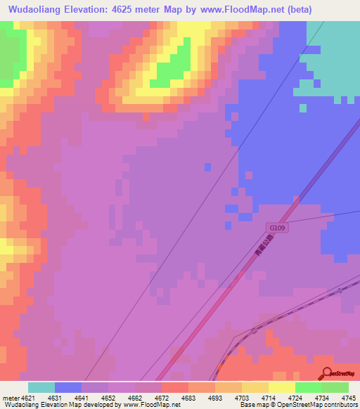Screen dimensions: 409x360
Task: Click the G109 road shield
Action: click(278, 228)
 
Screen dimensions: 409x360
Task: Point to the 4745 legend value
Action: click(349, 397)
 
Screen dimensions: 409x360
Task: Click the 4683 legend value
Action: click(188, 397)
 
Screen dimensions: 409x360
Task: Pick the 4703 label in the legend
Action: click(242, 397)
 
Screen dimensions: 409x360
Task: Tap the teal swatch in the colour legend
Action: click(41, 387)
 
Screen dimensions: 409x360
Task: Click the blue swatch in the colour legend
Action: click(68, 387)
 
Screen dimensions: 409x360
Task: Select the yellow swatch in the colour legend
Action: click(281, 387)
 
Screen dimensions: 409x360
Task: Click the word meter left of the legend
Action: click(8, 397)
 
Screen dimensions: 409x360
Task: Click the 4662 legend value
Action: click(135, 397)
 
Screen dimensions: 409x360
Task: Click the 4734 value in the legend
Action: click(322, 397)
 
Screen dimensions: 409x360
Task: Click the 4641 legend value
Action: click(82, 397)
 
